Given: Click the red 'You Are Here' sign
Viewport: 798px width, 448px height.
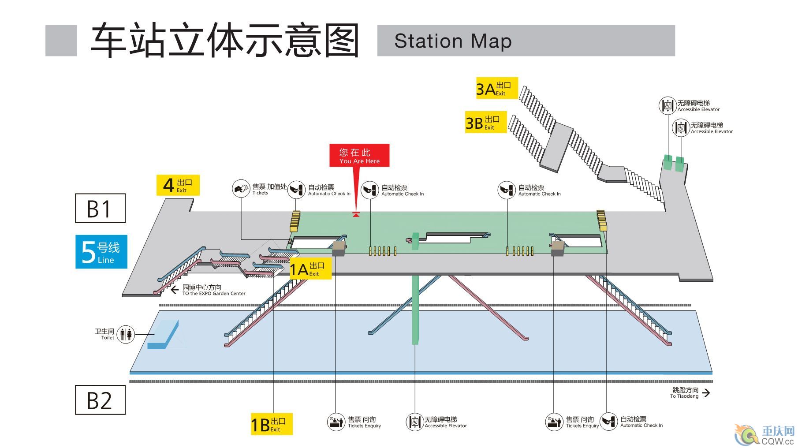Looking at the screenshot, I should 359,155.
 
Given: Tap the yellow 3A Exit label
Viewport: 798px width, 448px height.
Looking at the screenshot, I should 496,88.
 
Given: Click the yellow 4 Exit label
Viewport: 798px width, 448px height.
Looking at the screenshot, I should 178,185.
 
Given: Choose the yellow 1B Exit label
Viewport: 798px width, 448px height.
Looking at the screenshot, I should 272,424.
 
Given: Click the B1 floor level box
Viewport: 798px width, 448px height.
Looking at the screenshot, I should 100,208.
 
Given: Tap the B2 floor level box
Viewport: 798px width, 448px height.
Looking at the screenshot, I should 100,400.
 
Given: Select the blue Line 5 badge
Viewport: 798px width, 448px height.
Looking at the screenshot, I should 101,252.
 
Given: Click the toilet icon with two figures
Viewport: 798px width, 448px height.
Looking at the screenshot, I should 126,334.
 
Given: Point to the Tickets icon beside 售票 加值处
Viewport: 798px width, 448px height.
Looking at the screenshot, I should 241,189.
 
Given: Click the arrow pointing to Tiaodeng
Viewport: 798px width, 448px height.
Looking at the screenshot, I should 706,392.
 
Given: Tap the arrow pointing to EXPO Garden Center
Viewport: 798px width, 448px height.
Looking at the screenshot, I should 175,290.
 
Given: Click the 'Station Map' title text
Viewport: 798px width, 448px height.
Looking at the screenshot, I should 453,41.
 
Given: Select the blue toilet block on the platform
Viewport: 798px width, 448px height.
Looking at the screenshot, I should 163,335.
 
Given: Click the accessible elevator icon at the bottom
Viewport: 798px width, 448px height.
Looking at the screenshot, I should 414,422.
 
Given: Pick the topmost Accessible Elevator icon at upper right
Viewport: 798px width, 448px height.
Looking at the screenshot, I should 667,106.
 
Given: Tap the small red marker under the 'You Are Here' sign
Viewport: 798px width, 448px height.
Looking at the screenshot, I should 356,215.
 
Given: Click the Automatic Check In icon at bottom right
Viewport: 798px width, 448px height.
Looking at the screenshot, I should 609,422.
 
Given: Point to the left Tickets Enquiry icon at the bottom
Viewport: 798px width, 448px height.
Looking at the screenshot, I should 336,422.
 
